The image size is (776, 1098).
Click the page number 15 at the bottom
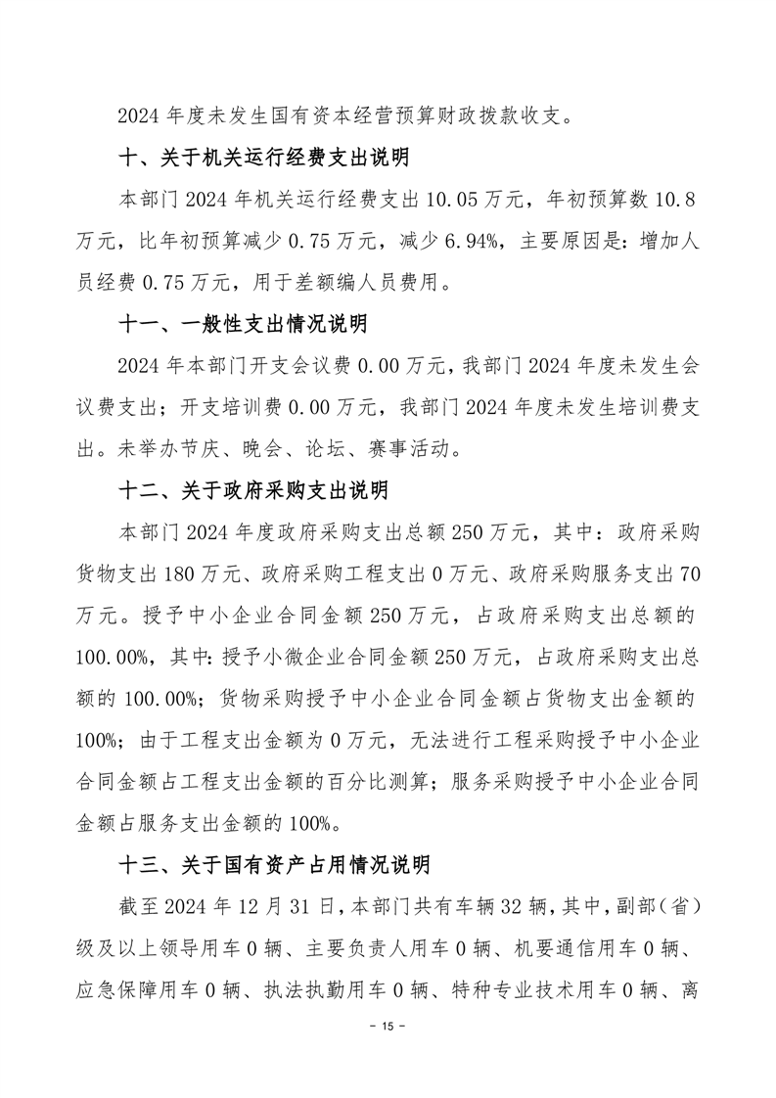click(x=388, y=1027)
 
